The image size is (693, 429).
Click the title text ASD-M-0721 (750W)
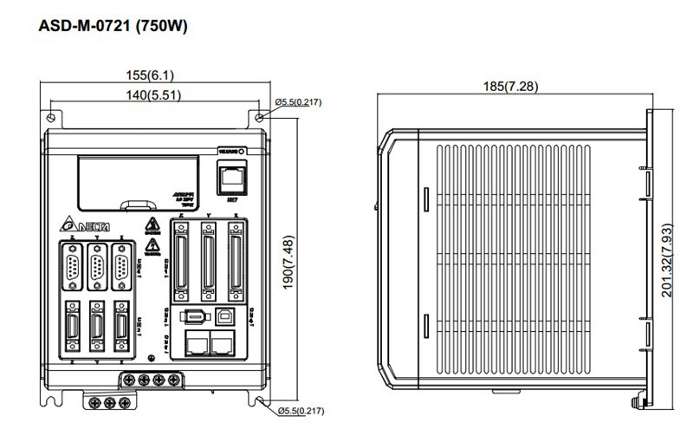113,26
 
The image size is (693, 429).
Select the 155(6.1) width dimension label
151,75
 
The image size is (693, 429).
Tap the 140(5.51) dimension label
151,94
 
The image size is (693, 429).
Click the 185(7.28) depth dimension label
515,86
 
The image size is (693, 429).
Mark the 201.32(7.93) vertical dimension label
668,260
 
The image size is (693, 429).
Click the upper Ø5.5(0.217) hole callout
298,102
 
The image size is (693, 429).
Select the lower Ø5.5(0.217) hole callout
298,410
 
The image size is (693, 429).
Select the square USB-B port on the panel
225,317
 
